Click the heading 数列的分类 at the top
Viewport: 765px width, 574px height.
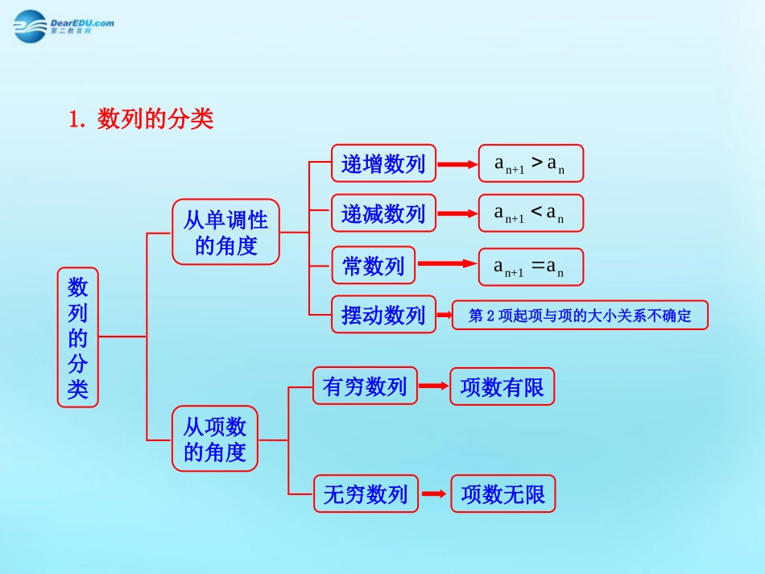142,119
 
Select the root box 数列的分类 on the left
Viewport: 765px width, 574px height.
78,337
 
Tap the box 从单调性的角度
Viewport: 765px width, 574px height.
225,232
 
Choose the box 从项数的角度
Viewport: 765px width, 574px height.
215,439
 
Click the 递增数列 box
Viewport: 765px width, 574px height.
383,164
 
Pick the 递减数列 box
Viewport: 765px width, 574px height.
383,213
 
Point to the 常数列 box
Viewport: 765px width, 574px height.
374,265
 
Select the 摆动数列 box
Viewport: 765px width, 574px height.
383,315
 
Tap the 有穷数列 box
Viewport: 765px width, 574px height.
365,386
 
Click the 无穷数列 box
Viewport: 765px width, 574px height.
366,493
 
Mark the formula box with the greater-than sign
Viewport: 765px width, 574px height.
531,164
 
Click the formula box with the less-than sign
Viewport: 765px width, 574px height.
531,213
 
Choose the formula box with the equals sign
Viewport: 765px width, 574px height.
531,266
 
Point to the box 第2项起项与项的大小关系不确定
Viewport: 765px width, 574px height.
580,316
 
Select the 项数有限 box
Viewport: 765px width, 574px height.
502,387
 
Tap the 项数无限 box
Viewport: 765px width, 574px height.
503,494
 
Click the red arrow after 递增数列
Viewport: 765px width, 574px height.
457,164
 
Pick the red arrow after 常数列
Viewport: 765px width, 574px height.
447,264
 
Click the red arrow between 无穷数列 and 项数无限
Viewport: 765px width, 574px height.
434,493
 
